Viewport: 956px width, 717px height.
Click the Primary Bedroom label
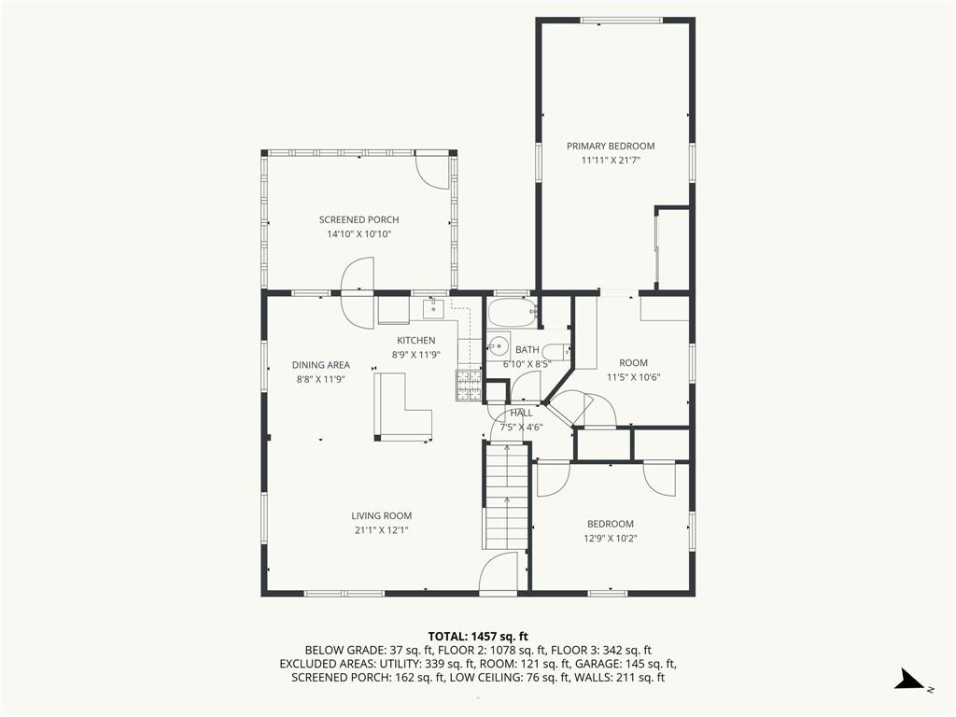pos(611,147)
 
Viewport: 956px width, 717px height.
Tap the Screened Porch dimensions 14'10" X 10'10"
pos(359,234)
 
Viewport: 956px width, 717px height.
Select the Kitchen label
pos(416,340)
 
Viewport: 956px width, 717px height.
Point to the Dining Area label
pos(321,365)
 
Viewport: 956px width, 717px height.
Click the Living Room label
pos(382,515)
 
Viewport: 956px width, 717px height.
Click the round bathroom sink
pos(499,347)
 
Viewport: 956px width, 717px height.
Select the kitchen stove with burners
pos(469,386)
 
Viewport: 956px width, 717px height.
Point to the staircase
pos(506,497)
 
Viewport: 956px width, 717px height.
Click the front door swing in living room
pos(499,572)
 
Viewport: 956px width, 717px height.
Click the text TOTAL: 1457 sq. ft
pos(478,637)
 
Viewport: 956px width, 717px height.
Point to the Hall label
pos(521,413)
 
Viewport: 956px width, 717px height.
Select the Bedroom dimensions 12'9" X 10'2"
pos(611,539)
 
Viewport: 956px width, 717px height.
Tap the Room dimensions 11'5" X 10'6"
pos(634,377)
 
